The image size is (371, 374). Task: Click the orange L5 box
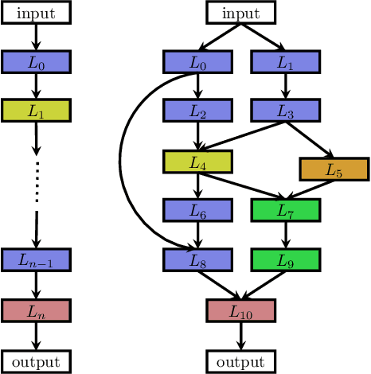click(x=334, y=169)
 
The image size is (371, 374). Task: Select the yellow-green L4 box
click(x=197, y=162)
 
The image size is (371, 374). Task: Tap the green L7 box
click(x=285, y=210)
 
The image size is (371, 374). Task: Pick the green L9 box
click(x=285, y=259)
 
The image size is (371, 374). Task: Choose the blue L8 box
click(x=197, y=259)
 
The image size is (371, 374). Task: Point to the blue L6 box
click(x=197, y=210)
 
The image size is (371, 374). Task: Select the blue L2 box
click(x=197, y=111)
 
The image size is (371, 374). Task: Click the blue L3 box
click(x=285, y=111)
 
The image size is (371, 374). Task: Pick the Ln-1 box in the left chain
click(x=36, y=259)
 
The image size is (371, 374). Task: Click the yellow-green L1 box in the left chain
click(x=36, y=111)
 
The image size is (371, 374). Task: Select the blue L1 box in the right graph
click(x=285, y=62)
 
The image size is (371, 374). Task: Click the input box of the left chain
click(x=36, y=12)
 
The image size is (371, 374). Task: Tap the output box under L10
click(x=240, y=361)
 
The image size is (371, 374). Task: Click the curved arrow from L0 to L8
click(x=121, y=159)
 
